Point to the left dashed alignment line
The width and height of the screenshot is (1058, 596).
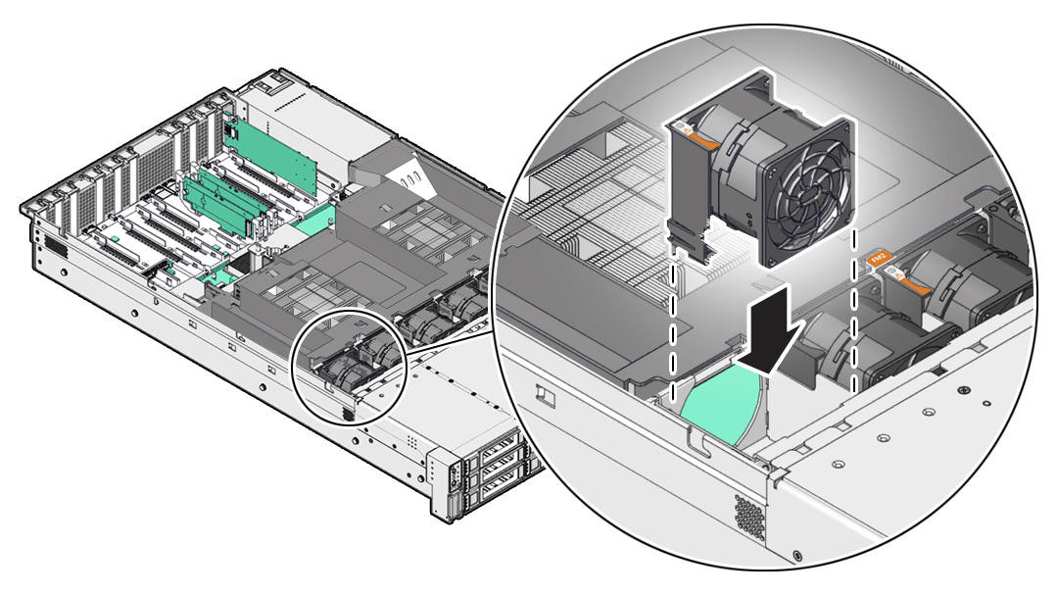point(674,323)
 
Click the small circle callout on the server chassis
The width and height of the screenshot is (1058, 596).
point(350,368)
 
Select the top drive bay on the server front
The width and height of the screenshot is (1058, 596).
point(498,452)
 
